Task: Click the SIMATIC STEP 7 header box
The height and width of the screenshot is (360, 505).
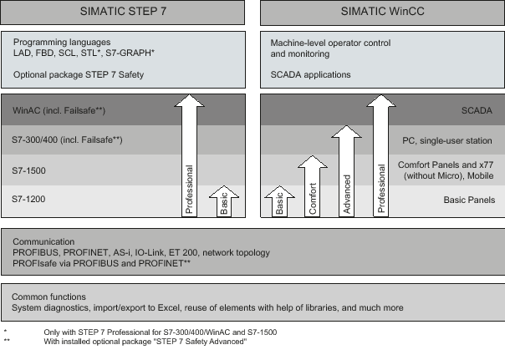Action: click(123, 13)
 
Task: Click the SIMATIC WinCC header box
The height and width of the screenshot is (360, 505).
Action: click(383, 13)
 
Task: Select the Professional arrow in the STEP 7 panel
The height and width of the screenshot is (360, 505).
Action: click(189, 155)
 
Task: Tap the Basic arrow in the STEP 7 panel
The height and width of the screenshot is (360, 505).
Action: click(224, 201)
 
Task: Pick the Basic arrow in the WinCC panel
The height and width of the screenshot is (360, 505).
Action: click(279, 201)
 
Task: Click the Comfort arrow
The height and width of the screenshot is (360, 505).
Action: click(313, 186)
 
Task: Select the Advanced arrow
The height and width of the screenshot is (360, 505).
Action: click(346, 171)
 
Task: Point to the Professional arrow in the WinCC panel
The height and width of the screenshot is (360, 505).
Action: click(381, 155)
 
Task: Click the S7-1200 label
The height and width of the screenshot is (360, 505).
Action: click(28, 199)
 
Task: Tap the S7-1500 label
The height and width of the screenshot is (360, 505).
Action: click(28, 170)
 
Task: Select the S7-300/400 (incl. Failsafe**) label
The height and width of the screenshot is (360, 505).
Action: click(67, 140)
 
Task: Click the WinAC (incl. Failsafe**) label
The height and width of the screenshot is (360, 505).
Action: click(59, 110)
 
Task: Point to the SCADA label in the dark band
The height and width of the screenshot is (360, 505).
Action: click(477, 110)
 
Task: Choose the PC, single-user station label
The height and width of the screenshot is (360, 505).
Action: click(447, 140)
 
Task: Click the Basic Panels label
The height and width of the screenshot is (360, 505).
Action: click(469, 200)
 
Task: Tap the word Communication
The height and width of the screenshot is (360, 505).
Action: click(43, 241)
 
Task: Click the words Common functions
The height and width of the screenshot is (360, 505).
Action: click(48, 297)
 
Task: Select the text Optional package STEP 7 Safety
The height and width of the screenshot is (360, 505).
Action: click(79, 74)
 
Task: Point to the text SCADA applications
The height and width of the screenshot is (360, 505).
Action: click(310, 74)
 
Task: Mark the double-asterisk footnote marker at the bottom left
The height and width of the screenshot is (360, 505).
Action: click(7, 340)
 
